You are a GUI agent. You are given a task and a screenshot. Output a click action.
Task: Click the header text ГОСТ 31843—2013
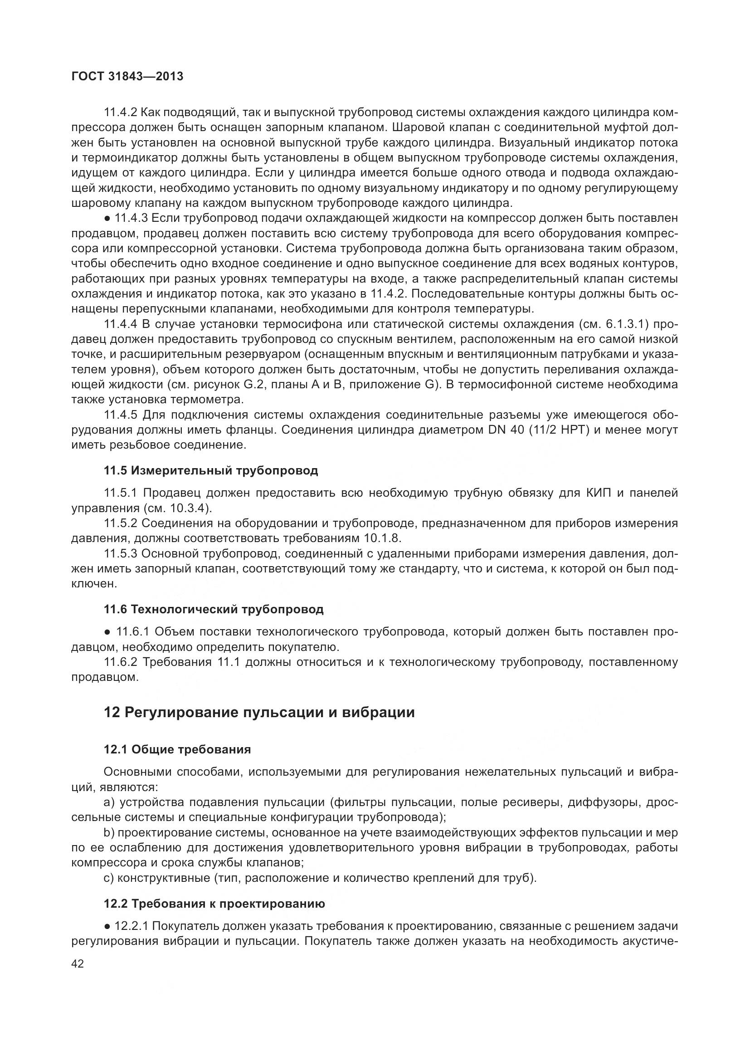(x=127, y=77)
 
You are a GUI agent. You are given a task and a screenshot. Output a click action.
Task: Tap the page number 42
(x=78, y=963)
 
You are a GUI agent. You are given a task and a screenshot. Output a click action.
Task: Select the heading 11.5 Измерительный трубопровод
(x=211, y=471)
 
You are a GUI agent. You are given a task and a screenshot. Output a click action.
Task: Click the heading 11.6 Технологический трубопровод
(x=214, y=610)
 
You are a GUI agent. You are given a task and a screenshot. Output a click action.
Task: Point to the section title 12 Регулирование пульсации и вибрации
(x=259, y=712)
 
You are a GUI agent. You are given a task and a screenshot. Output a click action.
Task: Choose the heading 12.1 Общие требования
(x=177, y=749)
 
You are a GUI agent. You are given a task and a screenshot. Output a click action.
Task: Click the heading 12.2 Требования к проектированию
(x=214, y=904)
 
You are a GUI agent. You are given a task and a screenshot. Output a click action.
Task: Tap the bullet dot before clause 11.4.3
(x=107, y=218)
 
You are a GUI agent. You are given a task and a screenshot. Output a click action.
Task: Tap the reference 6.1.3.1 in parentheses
(x=624, y=324)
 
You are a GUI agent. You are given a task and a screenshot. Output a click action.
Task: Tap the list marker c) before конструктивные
(x=109, y=878)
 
